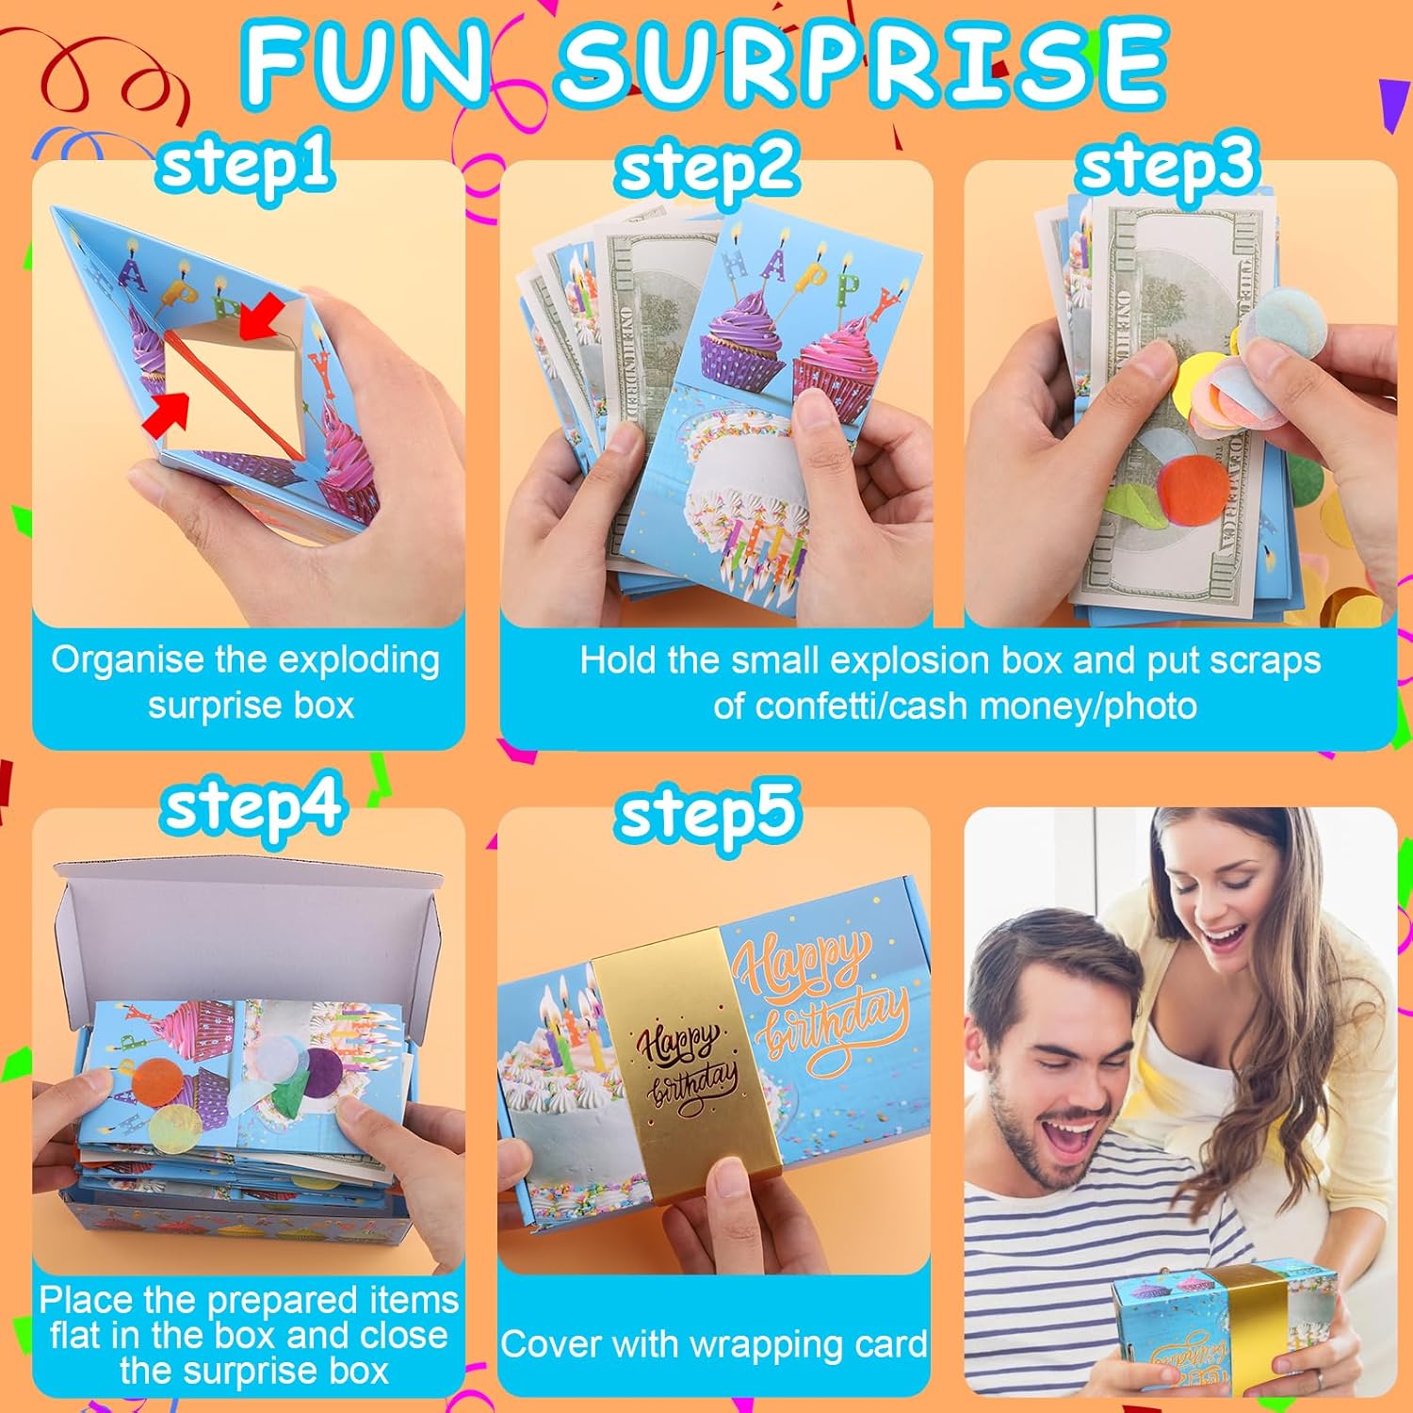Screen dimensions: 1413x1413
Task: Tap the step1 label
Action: tap(245, 162)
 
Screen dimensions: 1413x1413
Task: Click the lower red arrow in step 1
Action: tap(167, 414)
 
